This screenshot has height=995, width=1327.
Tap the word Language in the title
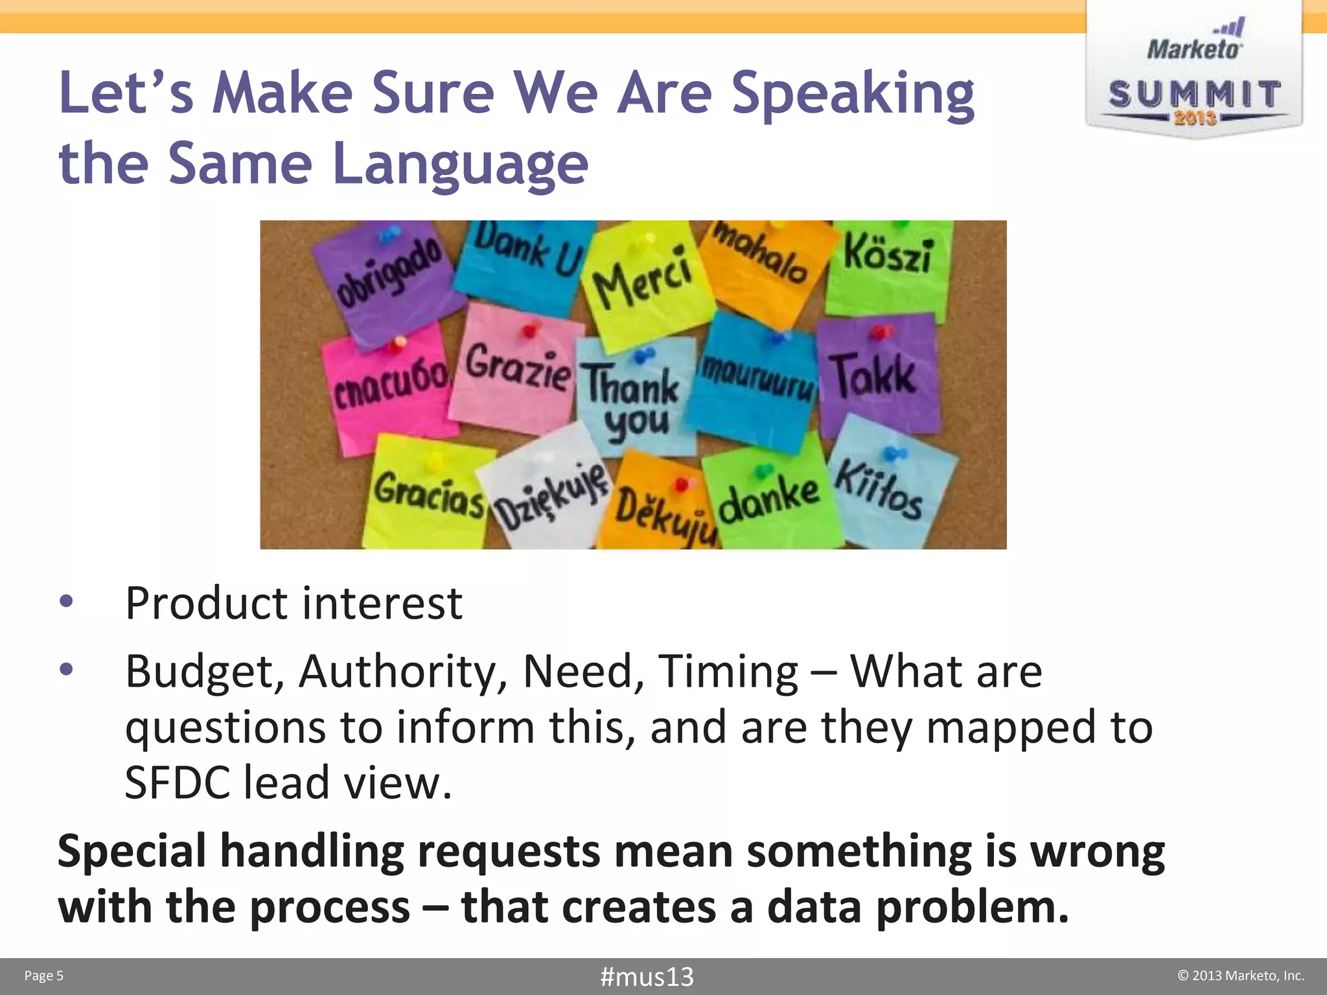tap(459, 165)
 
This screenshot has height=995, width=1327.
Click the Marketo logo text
tap(1194, 49)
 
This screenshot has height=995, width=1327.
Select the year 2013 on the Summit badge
tap(1195, 118)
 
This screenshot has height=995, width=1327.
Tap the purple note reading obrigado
tap(389, 279)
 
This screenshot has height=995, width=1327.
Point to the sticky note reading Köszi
tap(888, 259)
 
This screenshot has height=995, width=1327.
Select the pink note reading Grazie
tap(516, 369)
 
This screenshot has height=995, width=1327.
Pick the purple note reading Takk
tap(876, 376)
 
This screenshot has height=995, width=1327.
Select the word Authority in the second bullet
tap(402, 672)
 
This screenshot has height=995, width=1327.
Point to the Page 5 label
tap(44, 976)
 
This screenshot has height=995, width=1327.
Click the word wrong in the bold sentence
tap(1097, 851)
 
